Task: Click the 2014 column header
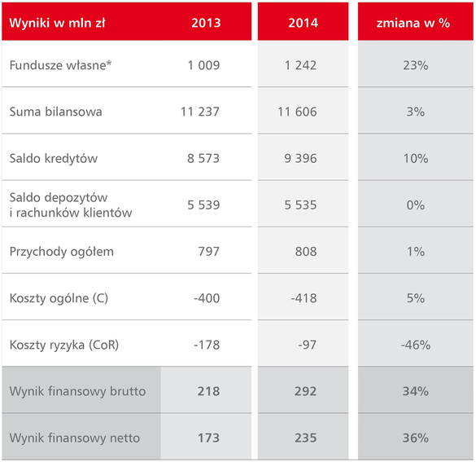point(303,23)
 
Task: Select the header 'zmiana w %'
point(413,23)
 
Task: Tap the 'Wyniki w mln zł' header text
point(58,23)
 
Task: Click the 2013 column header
point(206,23)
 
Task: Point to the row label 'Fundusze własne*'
point(60,65)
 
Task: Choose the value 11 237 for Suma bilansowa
point(200,112)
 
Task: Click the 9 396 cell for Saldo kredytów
point(300,158)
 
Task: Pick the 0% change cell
point(416,205)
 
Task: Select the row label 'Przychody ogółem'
point(62,252)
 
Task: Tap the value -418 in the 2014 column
point(304,298)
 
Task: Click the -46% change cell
point(416,345)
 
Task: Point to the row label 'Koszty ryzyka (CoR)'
point(64,345)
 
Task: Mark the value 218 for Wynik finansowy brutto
point(208,391)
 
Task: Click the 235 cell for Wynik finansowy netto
point(305,438)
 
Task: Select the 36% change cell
point(416,438)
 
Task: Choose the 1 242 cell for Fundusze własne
point(300,65)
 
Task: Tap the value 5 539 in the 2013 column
point(203,205)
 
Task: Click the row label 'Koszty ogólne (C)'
point(59,298)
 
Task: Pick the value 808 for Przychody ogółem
point(306,252)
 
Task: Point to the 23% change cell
point(416,65)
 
